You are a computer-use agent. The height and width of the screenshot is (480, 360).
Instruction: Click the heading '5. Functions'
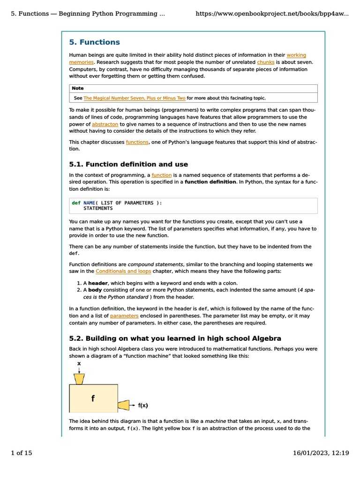[94, 42]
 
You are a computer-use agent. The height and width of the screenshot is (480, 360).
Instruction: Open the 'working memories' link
[296, 55]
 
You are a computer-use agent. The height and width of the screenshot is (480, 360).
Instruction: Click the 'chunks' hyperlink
[265, 62]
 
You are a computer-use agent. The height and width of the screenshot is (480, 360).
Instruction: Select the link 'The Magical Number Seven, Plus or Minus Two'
[134, 98]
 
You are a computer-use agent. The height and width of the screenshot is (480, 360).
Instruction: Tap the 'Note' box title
[78, 88]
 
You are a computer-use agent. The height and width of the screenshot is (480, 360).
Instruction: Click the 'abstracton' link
[105, 124]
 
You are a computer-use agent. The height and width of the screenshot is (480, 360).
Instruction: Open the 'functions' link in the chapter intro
[137, 142]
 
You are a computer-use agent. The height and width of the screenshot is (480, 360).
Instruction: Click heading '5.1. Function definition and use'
[128, 165]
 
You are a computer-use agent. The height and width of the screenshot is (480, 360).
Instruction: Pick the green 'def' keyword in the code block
[76, 203]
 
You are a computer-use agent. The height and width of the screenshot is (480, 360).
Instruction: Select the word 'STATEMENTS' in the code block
[98, 209]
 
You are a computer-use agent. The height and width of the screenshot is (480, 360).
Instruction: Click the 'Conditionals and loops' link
[123, 271]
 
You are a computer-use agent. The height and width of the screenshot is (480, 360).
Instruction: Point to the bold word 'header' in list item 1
[98, 283]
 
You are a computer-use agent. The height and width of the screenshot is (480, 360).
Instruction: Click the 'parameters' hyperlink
[124, 316]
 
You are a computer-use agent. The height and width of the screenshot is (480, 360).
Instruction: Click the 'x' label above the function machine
[79, 363]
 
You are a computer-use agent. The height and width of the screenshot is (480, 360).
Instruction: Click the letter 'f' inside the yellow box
[93, 398]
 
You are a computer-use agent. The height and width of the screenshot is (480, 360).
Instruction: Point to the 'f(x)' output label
[143, 405]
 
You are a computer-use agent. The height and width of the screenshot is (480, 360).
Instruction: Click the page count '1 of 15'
[22, 453]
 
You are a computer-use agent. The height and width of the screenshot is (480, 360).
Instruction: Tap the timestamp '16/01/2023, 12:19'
[321, 453]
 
